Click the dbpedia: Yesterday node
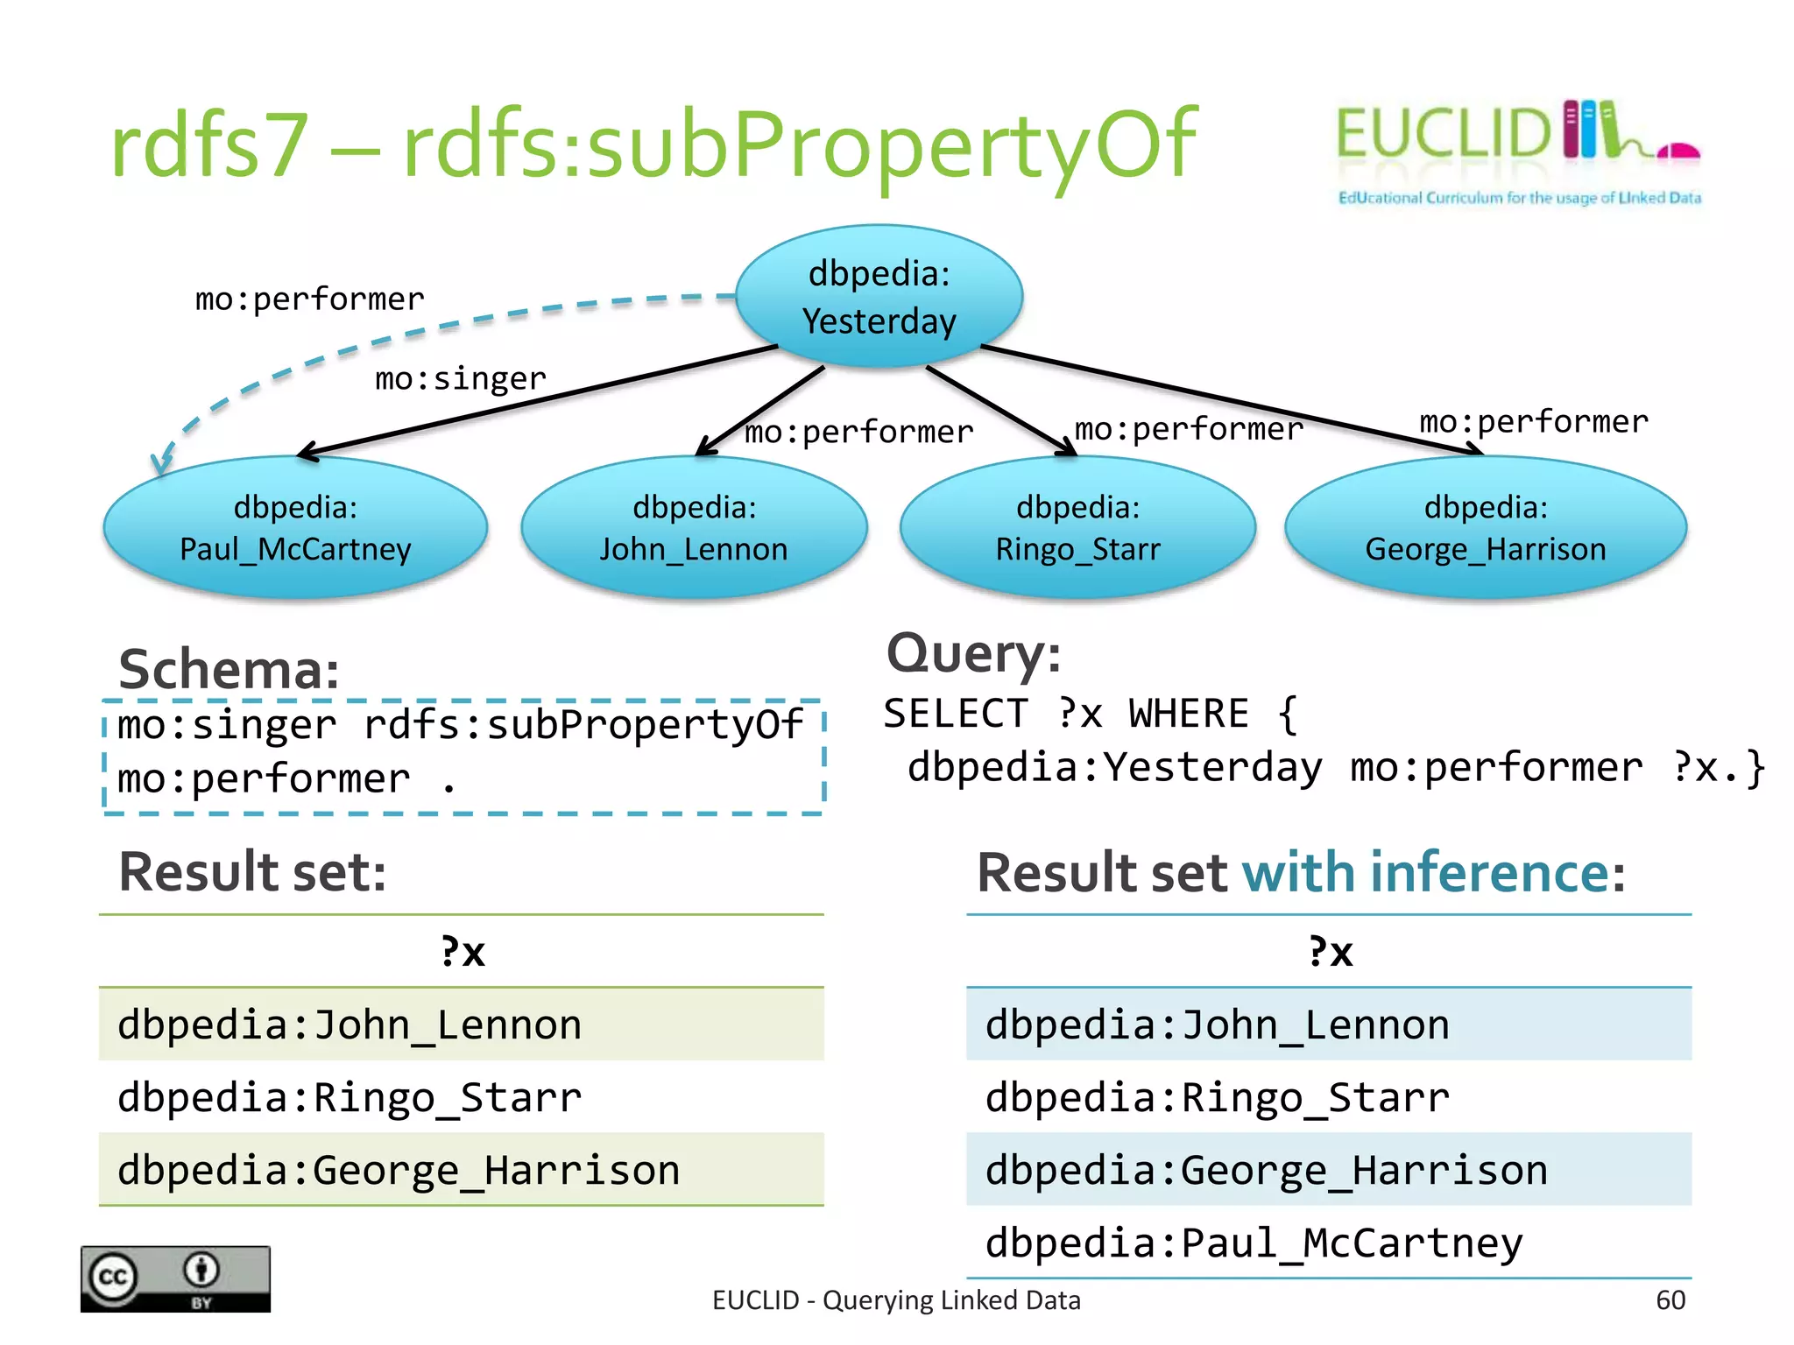coord(879,297)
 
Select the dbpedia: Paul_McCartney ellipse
coord(295,528)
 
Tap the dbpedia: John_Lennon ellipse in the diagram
coord(694,528)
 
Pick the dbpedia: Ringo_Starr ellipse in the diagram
coord(1077,528)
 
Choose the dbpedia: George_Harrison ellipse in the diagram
coord(1486,528)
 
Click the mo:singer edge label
coord(460,378)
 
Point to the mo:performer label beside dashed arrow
coord(309,299)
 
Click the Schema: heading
coord(229,670)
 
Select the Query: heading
coord(973,653)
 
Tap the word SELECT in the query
coord(955,714)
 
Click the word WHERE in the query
coord(1188,714)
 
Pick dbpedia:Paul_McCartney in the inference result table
coord(1254,1243)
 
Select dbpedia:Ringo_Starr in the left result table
coord(350,1098)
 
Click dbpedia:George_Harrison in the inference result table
coord(1266,1171)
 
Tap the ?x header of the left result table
coord(463,952)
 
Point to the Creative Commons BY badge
coord(175,1278)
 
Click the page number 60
coord(1670,1300)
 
